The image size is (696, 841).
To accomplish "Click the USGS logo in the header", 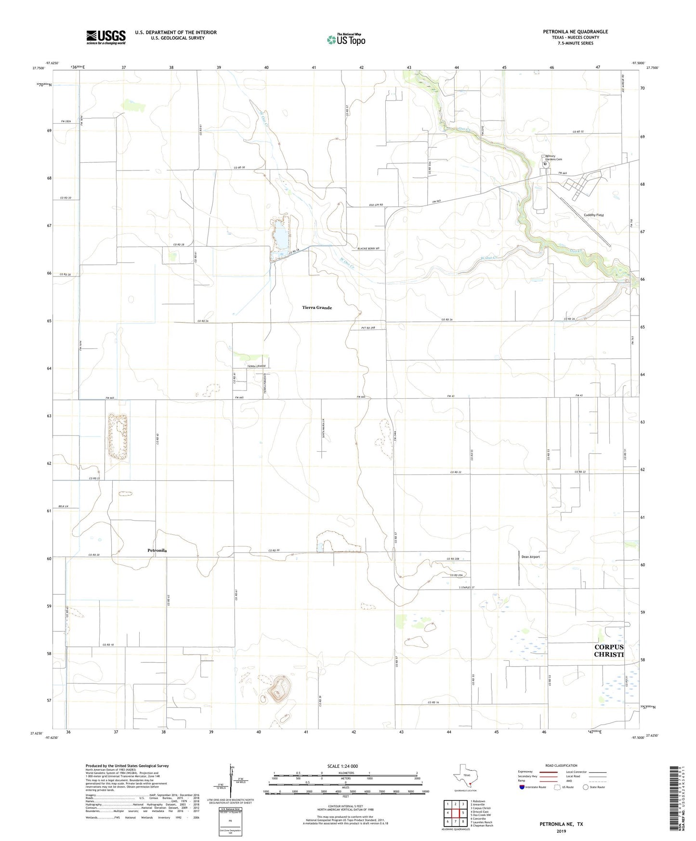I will pyautogui.click(x=106, y=37).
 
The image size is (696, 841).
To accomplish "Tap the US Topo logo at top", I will pyautogui.click(x=345, y=39).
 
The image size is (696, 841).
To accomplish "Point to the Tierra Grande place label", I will pyautogui.click(x=317, y=307).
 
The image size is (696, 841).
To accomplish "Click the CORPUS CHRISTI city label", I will pyautogui.click(x=609, y=651).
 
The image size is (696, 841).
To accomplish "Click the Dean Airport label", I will pyautogui.click(x=530, y=557).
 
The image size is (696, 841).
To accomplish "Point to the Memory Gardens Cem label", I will pyautogui.click(x=553, y=158).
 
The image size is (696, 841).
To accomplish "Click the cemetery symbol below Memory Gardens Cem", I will pyautogui.click(x=545, y=164).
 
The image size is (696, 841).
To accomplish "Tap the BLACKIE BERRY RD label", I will pyautogui.click(x=368, y=249).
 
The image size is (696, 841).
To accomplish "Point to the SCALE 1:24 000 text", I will pyautogui.click(x=342, y=766).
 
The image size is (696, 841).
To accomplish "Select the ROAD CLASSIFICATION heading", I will pyautogui.click(x=561, y=765).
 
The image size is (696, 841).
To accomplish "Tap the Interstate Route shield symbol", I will pyautogui.click(x=522, y=787).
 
